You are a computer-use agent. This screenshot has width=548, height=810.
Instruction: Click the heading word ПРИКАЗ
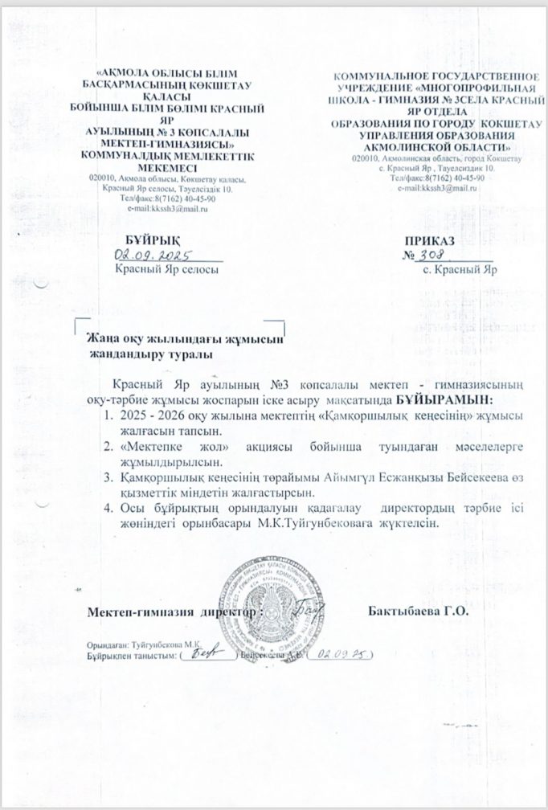point(431,240)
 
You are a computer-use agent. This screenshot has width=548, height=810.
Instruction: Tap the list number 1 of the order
point(108,415)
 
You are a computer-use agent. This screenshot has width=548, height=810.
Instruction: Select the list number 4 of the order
point(108,509)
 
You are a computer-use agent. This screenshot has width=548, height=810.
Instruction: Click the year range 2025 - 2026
point(153,415)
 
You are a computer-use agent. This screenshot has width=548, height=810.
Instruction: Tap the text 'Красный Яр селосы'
point(166,270)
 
